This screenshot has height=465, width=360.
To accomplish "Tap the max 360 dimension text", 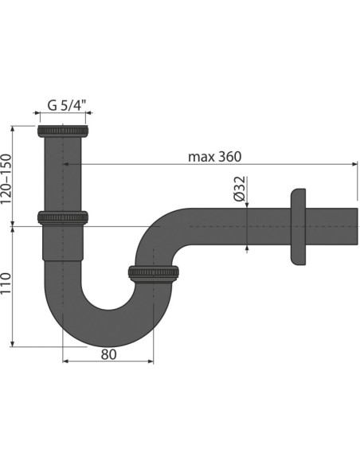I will (214, 156).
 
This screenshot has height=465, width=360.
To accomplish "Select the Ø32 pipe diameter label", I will (237, 190).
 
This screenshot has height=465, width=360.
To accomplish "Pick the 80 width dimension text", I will (108, 354).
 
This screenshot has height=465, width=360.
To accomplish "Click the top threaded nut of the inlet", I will (63, 130).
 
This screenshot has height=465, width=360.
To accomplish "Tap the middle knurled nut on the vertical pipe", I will (62, 217).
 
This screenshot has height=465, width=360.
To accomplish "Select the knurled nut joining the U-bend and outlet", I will (153, 274).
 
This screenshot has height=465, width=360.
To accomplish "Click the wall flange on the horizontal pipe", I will (299, 225).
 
